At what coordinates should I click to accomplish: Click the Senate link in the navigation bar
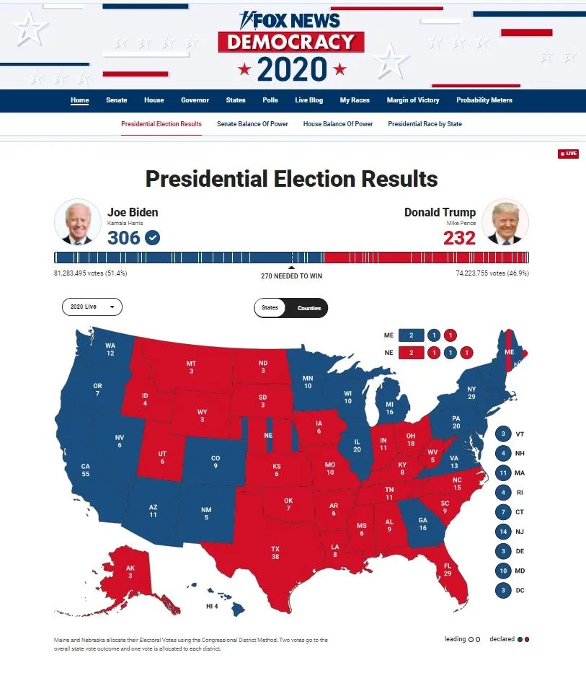(x=116, y=100)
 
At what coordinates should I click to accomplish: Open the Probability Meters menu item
(x=484, y=100)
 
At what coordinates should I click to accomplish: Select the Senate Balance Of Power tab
(x=252, y=124)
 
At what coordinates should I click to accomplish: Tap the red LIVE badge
(x=568, y=154)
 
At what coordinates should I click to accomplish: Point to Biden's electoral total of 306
(x=124, y=237)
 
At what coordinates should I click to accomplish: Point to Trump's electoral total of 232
(x=459, y=237)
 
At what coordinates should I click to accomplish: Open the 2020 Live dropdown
(x=92, y=307)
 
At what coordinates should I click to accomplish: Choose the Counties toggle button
(x=309, y=308)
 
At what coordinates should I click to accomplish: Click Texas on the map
(x=275, y=553)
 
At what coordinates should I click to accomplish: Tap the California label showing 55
(x=86, y=470)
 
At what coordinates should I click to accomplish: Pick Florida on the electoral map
(x=448, y=569)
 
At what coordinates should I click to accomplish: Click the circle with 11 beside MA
(x=503, y=473)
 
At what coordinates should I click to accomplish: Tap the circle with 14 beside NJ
(x=503, y=532)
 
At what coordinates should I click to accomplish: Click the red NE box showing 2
(x=412, y=353)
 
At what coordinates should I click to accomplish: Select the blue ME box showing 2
(x=412, y=335)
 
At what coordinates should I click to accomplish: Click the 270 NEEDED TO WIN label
(x=291, y=276)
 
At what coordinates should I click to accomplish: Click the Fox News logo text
(x=291, y=20)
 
